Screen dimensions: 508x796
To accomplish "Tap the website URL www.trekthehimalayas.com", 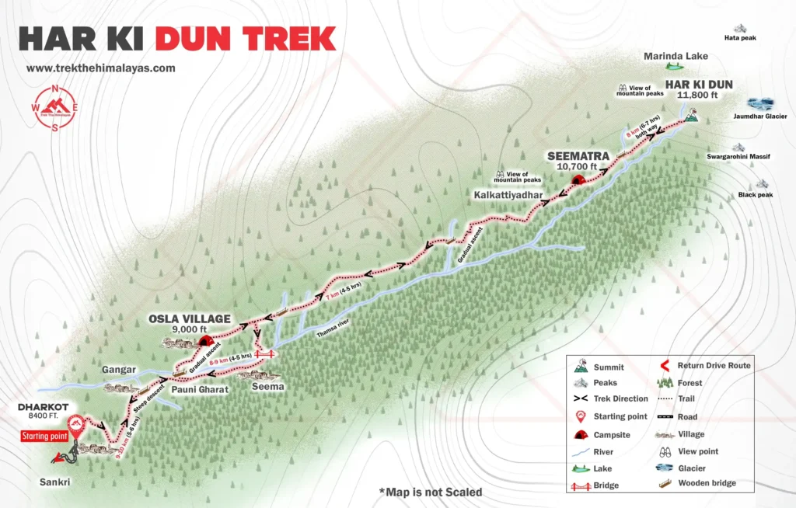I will pos(101,68).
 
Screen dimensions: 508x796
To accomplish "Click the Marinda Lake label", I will pos(675,56).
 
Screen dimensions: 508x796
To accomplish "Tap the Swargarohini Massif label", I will pos(738,157).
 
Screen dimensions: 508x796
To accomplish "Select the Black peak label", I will pos(756,195).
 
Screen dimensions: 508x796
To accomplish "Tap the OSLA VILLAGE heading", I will pos(190,318).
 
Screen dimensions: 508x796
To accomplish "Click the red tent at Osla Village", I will pos(206,340).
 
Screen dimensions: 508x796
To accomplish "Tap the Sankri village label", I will pos(55,482).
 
